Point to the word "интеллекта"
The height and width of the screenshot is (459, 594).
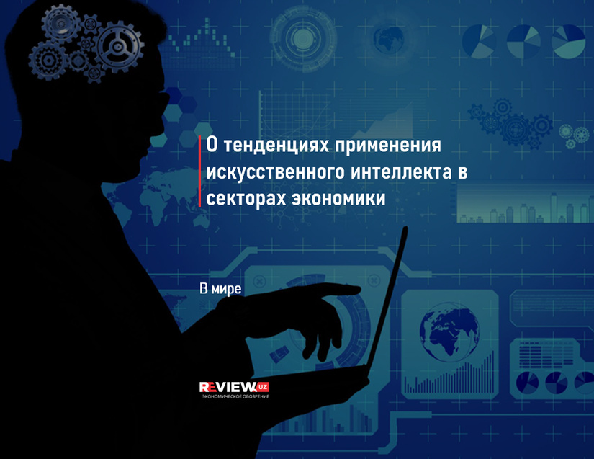(402, 172)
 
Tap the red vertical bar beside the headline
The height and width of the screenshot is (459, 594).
(199, 171)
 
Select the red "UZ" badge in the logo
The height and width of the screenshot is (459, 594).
(261, 387)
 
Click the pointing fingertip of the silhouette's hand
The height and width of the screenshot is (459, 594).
(357, 290)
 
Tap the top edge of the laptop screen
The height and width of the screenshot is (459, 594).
(405, 228)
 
